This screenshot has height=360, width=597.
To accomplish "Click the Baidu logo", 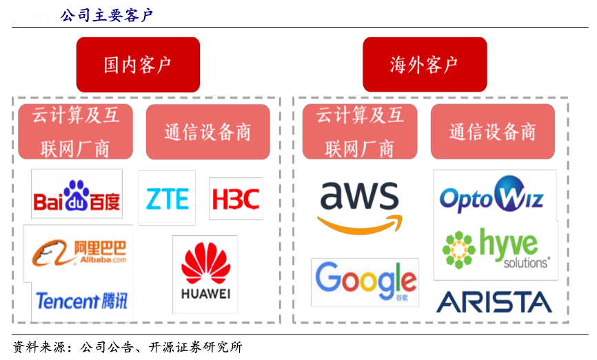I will [77, 194].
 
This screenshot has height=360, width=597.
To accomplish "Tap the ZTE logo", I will [167, 199].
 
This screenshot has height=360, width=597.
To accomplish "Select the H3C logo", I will [235, 199].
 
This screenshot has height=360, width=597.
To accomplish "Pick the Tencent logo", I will [81, 301].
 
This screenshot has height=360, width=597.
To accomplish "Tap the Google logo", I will [365, 281].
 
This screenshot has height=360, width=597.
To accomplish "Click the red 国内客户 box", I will [138, 65].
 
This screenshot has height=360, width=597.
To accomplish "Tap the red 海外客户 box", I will [425, 65].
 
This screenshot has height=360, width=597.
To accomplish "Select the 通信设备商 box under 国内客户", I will [208, 132].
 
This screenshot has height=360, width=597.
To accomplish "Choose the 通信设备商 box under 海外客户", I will [492, 132].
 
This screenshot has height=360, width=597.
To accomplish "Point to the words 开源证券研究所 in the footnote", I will [203, 347].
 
